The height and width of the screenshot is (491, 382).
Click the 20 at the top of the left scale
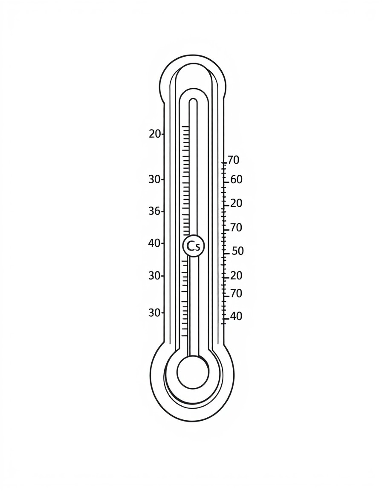[x=155, y=134]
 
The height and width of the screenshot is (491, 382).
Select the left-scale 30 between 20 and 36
[x=154, y=179]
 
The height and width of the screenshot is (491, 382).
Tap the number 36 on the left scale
[x=154, y=211]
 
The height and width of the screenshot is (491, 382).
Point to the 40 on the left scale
[x=154, y=243]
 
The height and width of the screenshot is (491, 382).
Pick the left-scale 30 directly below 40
[x=154, y=276]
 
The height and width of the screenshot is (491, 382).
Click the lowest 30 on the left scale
[x=154, y=312]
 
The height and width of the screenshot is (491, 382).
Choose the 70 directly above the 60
[x=233, y=160]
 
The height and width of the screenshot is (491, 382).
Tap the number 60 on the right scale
[x=236, y=179]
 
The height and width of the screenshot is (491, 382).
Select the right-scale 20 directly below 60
[x=236, y=203]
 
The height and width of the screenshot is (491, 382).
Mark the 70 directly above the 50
[x=236, y=228]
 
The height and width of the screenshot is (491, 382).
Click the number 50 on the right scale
[x=237, y=251]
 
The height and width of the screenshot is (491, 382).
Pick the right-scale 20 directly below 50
[x=236, y=276]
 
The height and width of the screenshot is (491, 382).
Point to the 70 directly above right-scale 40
[x=236, y=293]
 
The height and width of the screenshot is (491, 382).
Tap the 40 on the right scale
[x=236, y=316]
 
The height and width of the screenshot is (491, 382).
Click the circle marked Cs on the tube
[x=194, y=246]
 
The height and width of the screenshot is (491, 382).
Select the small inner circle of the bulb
[x=193, y=372]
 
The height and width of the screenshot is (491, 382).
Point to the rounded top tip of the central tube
[x=193, y=101]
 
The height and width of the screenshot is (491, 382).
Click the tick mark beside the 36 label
[x=163, y=211]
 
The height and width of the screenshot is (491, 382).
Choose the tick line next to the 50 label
[x=226, y=254]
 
